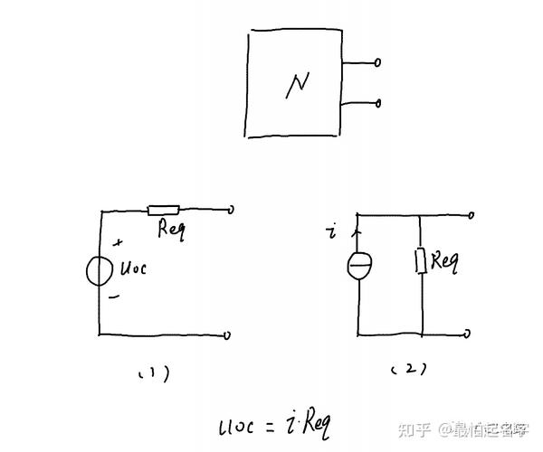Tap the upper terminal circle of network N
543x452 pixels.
coord(377,63)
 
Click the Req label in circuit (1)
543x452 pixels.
coord(171,229)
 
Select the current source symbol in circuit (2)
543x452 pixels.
coord(358,266)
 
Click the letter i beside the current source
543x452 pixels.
coord(334,234)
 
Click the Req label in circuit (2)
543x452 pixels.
coord(444,261)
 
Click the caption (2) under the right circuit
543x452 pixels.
coord(408,369)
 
